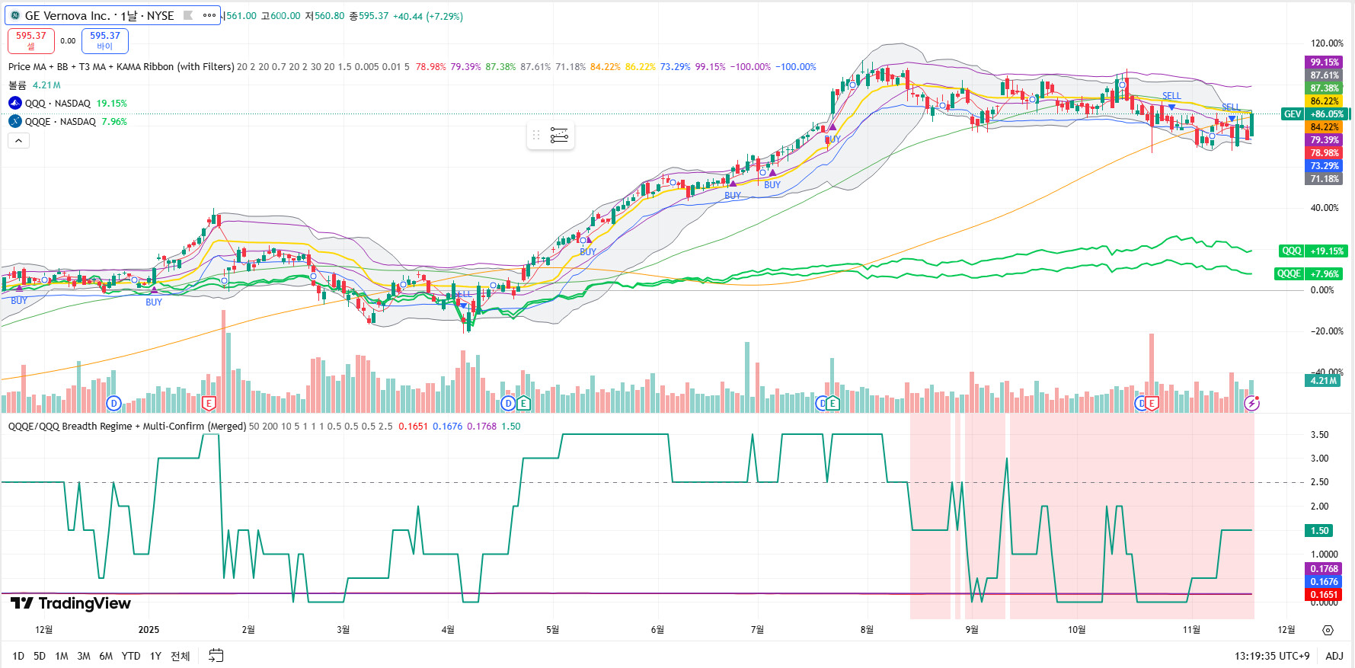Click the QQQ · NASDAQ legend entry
(x=57, y=104)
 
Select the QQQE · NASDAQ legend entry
(x=60, y=122)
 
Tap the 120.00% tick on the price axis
(x=1327, y=43)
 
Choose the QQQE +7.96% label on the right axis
(x=1309, y=273)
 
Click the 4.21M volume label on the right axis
(x=1324, y=381)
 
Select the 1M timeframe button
(x=62, y=656)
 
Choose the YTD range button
(x=131, y=656)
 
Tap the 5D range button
(x=40, y=656)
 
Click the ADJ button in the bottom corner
(x=1334, y=656)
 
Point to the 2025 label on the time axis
(x=149, y=630)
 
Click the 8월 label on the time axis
(x=867, y=630)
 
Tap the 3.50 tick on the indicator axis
(x=1319, y=435)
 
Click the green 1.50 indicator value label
(x=1319, y=531)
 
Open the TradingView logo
(x=71, y=603)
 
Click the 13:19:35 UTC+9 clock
(x=1272, y=656)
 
